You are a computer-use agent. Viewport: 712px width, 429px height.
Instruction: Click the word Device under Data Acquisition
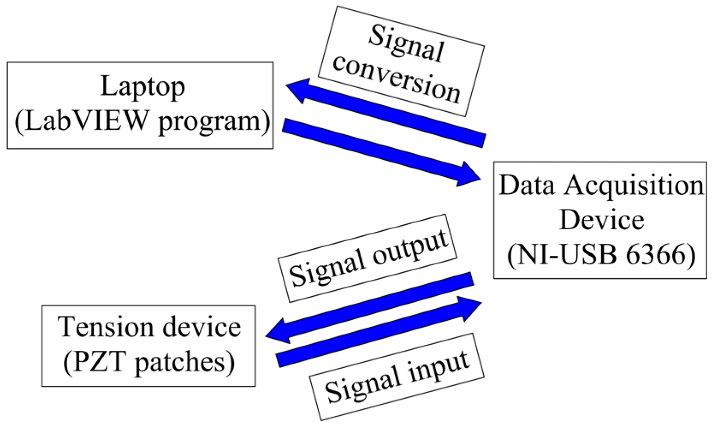[601, 220]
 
